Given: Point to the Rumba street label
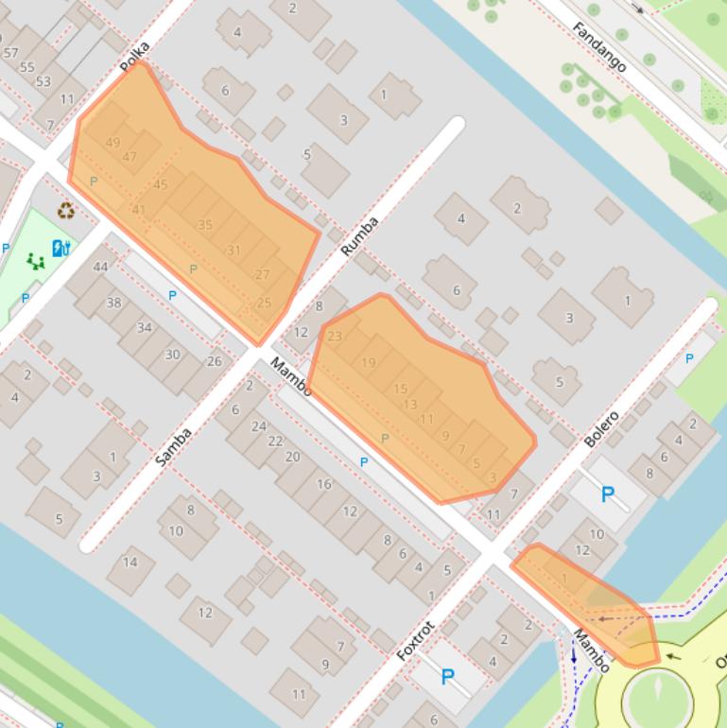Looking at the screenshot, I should (359, 236).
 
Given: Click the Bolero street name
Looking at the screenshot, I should (600, 429).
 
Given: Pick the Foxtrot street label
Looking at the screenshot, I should (415, 640).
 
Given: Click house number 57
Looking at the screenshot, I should (11, 53).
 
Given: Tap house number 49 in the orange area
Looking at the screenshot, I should (113, 143).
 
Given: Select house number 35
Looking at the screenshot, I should (205, 225).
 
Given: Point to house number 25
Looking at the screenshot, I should (264, 303).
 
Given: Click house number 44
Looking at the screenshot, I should (100, 268).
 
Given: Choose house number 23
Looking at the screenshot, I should (335, 336).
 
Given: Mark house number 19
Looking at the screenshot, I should (369, 362).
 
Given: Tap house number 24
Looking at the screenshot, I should (258, 426).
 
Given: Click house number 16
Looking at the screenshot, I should (324, 484).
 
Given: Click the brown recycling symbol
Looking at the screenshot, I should (66, 211).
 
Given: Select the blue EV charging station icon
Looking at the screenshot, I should (61, 249).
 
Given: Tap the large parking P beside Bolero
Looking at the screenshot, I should (608, 494).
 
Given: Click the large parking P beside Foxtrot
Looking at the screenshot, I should (448, 677).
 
